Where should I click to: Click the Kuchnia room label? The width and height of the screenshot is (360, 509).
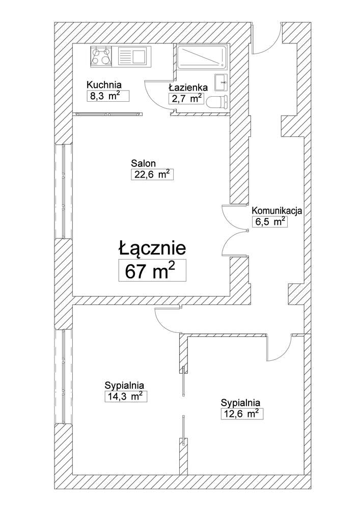coord(104,85)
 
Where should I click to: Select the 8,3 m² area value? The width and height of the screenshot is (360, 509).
coord(106,97)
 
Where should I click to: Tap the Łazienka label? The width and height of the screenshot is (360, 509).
coord(187,87)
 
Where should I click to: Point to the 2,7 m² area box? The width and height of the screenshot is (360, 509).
coord(186,99)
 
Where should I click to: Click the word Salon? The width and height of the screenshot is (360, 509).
coord(143,163)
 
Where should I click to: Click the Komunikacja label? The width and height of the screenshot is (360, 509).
coord(278,210)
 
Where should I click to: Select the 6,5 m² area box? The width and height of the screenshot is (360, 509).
coord(269,222)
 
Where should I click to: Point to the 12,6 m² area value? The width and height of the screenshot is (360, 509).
coord(241,414)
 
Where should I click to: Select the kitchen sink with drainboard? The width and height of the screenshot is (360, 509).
coord(132,55)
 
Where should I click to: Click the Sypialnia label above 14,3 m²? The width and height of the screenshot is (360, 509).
coord(124,385)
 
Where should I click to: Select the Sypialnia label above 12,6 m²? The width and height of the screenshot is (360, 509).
coord(241,402)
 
